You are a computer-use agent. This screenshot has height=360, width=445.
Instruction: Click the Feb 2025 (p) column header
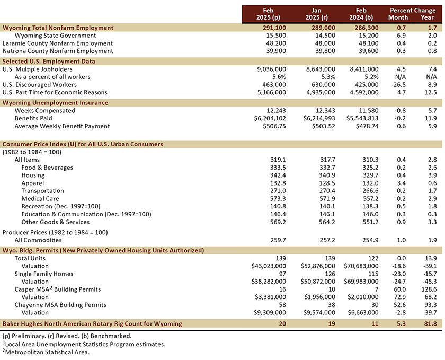pos(268,14)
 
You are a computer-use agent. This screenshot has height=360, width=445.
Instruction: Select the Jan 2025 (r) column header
pos(316,14)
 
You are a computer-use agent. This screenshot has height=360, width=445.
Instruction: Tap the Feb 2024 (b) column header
pos(361,14)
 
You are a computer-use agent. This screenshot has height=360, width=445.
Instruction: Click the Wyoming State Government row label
pos(55,36)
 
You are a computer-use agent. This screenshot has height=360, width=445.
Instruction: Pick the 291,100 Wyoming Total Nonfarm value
pos(274,28)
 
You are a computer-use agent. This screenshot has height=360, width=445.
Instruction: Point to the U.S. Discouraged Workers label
pos(39,85)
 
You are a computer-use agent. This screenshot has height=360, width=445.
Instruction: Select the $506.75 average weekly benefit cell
pos(274,126)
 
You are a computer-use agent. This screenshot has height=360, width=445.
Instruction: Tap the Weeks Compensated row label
pos(45,110)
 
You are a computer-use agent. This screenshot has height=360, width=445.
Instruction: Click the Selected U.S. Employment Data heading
pos(49,62)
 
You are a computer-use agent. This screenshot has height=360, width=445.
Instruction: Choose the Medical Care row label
pos(40,199)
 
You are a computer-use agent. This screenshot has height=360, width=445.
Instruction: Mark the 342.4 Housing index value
pos(278,175)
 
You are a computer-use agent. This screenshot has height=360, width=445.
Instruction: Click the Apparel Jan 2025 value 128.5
pos(327,183)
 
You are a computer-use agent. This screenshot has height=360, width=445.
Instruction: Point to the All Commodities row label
pos(38,240)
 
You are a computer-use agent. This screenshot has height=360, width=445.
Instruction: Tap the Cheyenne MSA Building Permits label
pos(60,305)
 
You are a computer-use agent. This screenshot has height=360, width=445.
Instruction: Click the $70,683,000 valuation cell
pos(361,266)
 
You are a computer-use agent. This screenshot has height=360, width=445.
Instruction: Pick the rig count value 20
pos(282,323)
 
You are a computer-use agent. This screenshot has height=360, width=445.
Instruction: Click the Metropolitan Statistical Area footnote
pos(46,352)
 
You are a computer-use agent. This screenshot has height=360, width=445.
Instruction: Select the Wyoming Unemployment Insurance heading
pos(55,103)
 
